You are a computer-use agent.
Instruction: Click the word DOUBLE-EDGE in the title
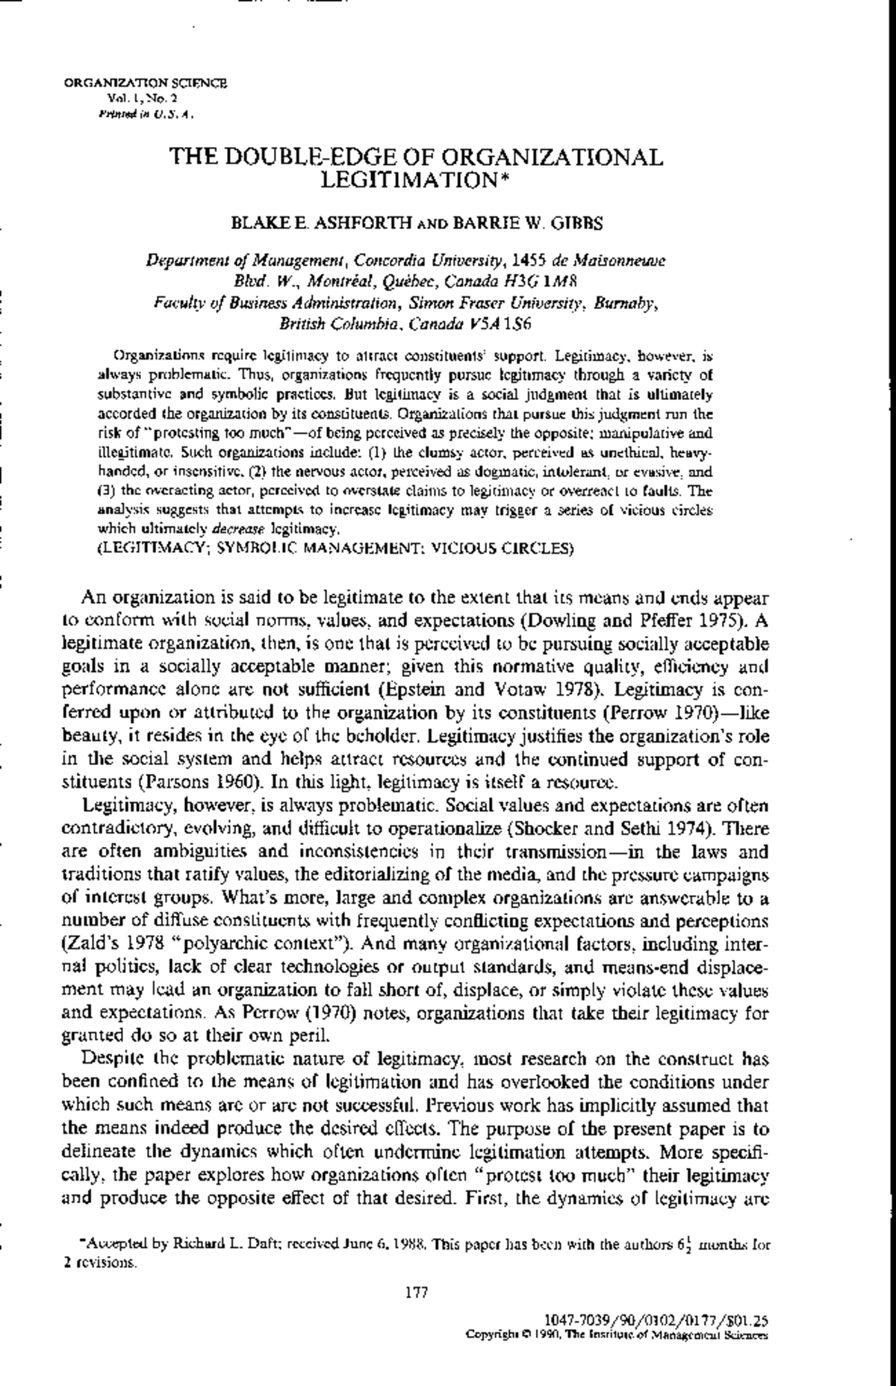coord(317,158)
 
